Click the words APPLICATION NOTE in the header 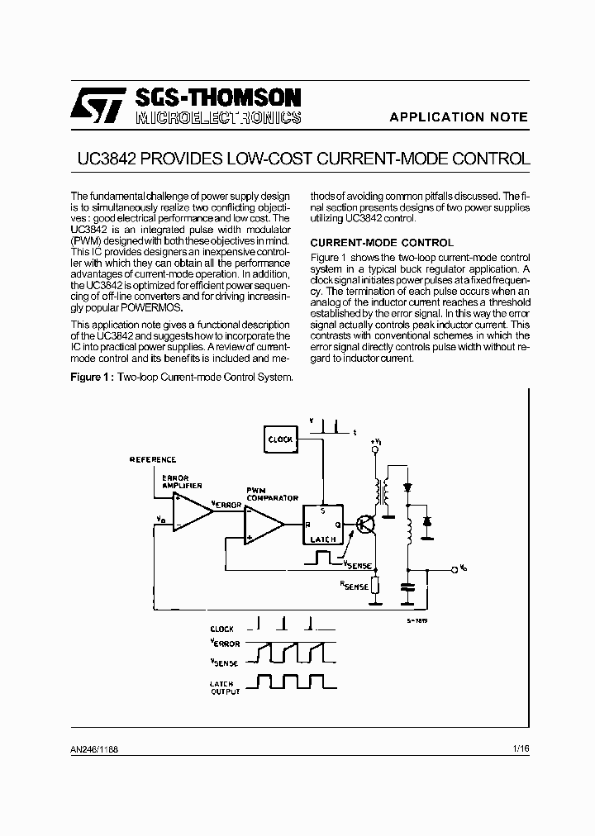point(459,117)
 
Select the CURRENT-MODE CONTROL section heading point(381,243)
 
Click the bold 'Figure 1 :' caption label point(93,378)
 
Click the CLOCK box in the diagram point(280,439)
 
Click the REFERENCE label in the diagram point(153,459)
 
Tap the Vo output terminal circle point(454,569)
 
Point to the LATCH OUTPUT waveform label point(224,687)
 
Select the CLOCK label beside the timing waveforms point(222,629)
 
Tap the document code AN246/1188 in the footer point(95,748)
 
